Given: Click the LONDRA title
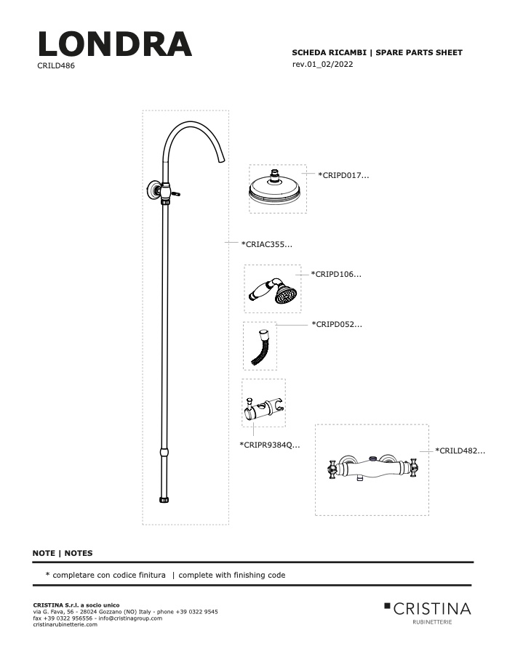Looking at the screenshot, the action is [114, 44].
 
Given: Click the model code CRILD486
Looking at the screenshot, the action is [56, 65].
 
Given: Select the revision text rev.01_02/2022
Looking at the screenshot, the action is [322, 64].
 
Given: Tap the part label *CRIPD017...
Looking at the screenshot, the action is [343, 175].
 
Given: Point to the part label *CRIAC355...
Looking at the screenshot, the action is [266, 244].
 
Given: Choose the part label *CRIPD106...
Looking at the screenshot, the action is [336, 274].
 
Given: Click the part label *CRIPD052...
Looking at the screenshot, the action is [337, 324].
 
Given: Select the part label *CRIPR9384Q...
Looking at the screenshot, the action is [269, 445].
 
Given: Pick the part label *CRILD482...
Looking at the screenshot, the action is [460, 451].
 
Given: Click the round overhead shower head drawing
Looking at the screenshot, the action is [277, 189].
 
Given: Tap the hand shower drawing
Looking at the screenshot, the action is [273, 290].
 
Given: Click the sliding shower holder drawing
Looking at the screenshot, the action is [264, 408].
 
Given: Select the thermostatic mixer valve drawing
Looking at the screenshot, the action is [372, 469].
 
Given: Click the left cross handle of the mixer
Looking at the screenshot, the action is [332, 469].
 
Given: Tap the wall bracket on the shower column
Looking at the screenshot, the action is [153, 190].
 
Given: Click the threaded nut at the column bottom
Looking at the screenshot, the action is [164, 499].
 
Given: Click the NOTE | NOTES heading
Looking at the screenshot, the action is [63, 553].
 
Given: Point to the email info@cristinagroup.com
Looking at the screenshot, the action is [130, 618].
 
